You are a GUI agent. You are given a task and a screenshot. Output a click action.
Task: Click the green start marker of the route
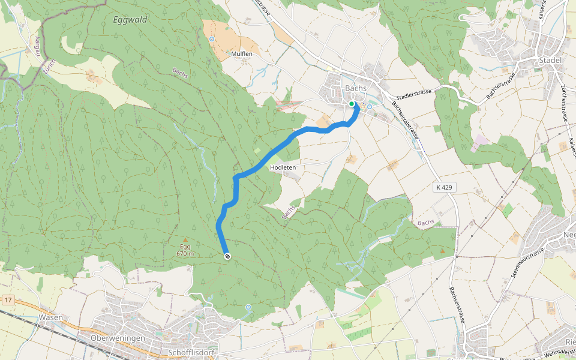click(352, 104)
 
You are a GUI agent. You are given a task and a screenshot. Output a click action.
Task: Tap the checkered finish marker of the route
click(227, 257)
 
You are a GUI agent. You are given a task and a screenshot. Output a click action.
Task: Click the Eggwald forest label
click(130, 20)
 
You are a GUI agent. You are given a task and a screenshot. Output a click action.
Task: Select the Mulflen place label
click(241, 54)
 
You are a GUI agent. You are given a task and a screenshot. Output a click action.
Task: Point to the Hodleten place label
click(283, 167)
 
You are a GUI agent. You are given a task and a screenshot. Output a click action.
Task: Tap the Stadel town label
click(550, 61)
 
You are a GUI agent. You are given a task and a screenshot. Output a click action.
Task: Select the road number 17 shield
click(7, 299)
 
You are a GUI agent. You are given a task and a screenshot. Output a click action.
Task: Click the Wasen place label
click(50, 317)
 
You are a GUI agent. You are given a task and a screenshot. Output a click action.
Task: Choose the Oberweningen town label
click(118, 338)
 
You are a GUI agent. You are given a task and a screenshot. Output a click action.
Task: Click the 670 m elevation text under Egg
click(185, 254)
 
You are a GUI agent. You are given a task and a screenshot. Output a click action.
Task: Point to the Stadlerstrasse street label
click(414, 96)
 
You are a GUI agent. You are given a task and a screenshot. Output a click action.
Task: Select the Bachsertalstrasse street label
click(406, 120)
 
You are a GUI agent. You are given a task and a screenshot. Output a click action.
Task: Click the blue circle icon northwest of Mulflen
click(211, 39)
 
